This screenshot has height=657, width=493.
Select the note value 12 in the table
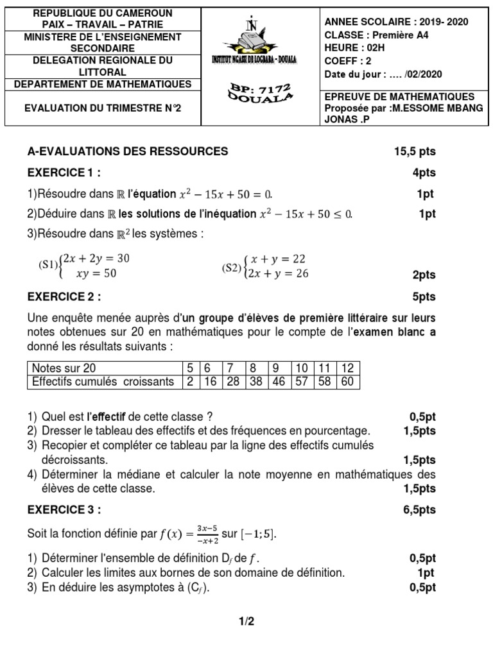348,368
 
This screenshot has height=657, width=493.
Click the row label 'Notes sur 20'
64,368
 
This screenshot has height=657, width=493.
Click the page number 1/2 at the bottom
246,620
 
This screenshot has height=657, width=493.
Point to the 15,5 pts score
415,151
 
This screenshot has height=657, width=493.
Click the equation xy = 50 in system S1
96,273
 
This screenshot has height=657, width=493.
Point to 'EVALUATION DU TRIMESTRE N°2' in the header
103,108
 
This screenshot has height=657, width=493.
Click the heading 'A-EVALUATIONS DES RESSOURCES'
128,151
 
